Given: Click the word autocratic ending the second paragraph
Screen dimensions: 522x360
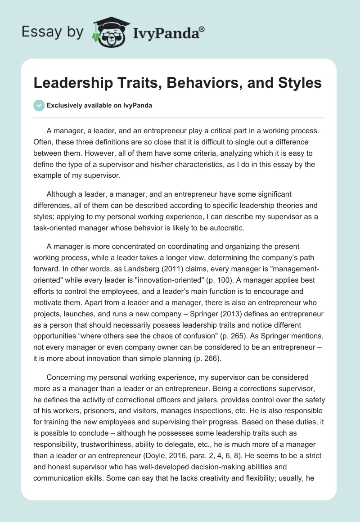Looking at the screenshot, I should (x=228, y=228).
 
